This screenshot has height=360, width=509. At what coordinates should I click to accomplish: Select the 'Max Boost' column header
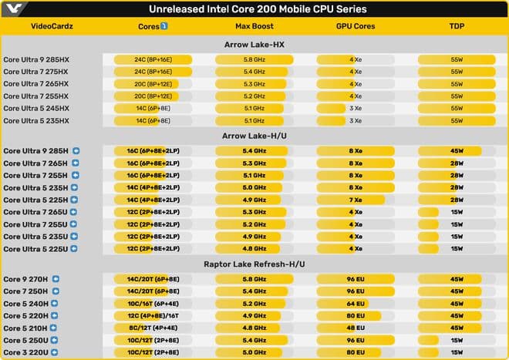coord(254,26)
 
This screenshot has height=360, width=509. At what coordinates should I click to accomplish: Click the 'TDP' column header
coord(457,26)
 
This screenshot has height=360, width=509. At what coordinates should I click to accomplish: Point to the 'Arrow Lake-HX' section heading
coord(254,44)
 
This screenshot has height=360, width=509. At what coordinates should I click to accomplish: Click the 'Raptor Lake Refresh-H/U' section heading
coord(254,264)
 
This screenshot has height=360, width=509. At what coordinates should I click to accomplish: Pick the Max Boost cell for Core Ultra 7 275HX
coord(254,72)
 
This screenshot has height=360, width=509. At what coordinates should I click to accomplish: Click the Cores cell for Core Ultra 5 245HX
coord(153,109)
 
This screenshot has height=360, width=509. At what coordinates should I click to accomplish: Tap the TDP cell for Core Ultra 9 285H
coord(457,150)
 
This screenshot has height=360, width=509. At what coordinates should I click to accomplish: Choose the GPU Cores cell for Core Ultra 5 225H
coord(356,200)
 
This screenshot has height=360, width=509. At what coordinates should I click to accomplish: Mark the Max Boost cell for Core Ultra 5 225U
coord(254,249)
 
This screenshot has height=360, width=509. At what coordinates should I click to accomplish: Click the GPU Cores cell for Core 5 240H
coord(356,304)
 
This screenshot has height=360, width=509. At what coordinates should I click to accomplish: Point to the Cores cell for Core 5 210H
coord(153,328)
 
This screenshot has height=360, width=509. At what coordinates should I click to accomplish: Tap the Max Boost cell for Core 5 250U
coord(254,341)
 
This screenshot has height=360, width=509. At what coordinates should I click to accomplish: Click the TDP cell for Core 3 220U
coord(457,353)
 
